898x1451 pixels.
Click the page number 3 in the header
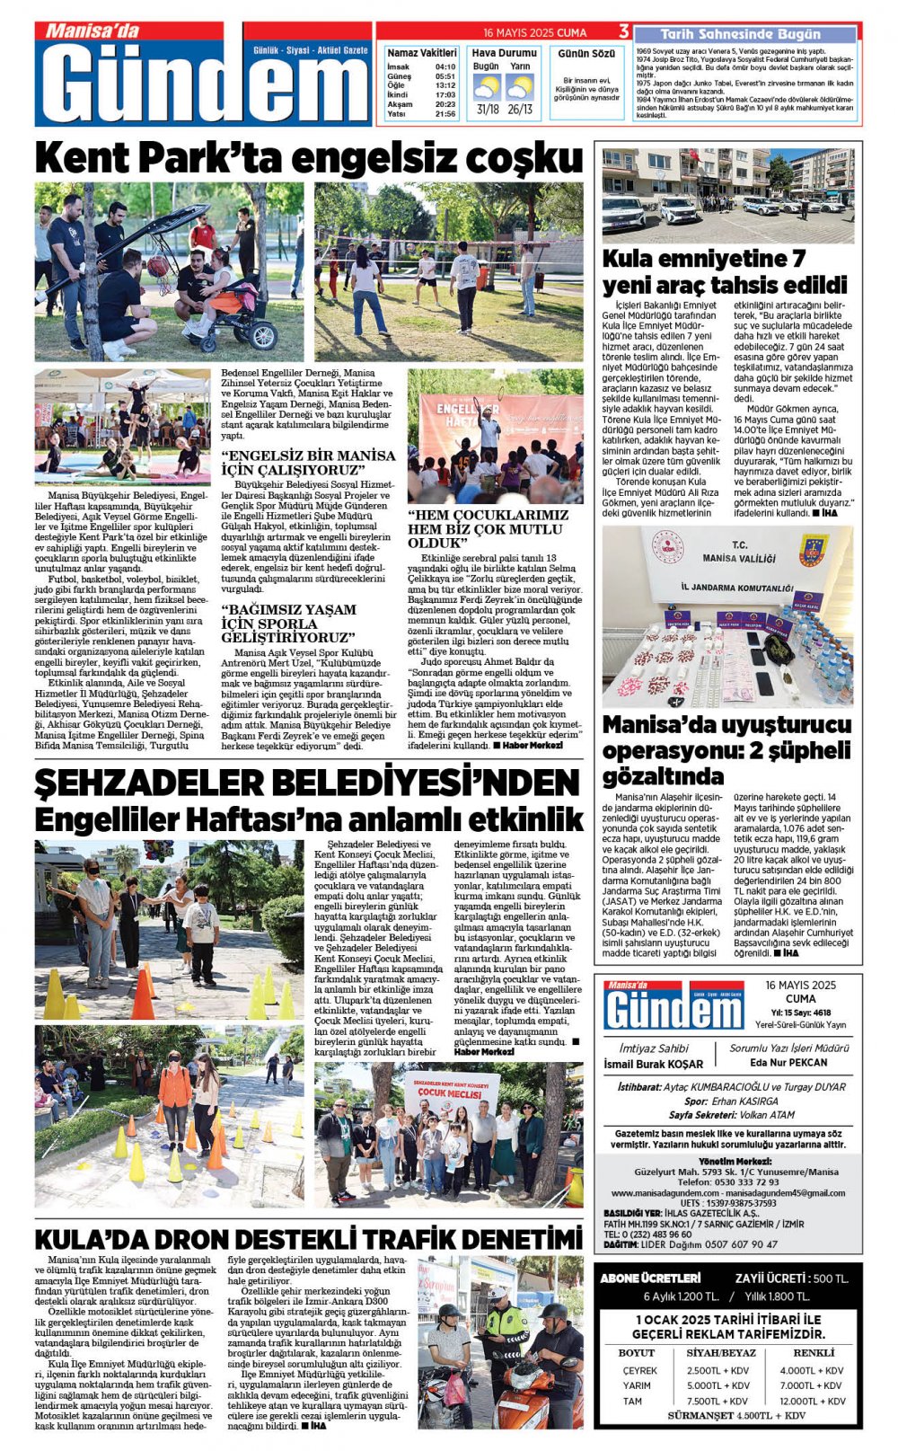pos(623,32)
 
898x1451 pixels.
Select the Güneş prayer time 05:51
pos(445,76)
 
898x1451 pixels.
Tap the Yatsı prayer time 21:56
pos(445,114)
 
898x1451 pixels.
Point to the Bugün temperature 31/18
pos(488,110)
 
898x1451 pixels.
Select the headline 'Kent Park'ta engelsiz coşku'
pos(309,158)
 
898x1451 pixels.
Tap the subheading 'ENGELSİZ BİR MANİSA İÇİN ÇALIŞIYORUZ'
pos(308,462)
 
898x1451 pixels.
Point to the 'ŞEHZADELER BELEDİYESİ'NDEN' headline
pos(307,783)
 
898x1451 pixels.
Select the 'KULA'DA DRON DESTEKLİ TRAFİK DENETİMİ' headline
pos(308,1239)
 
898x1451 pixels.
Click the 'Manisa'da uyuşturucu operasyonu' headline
pos(726,749)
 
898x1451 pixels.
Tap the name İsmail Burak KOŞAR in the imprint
pos(653,1064)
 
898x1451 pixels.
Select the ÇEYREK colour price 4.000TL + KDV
pos(811,1370)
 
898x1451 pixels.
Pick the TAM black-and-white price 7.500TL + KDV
pos(717,1401)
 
